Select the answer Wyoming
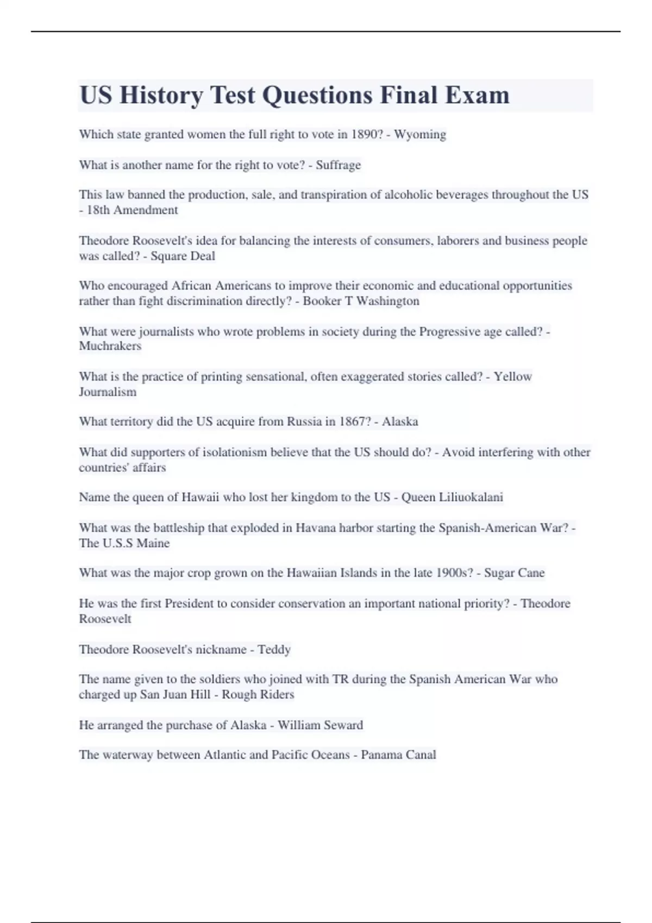pos(420,135)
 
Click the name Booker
pos(322,301)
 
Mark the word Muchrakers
pos(110,346)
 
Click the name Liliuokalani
pos(471,497)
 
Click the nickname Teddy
pos(274,650)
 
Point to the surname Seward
pos(343,725)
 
